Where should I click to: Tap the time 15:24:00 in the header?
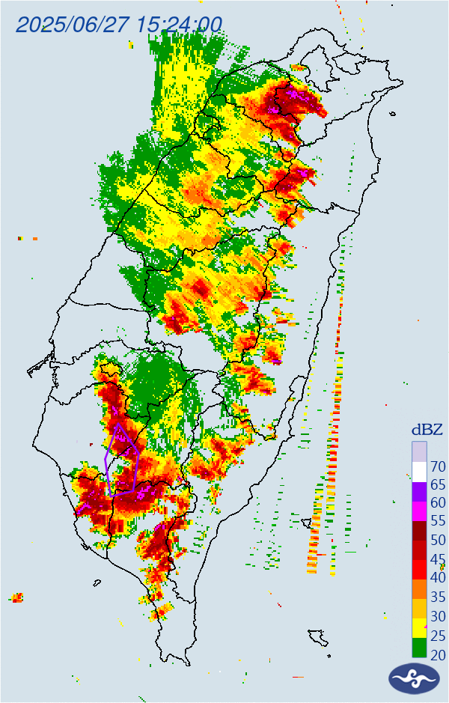[180, 24]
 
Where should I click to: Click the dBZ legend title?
[427, 430]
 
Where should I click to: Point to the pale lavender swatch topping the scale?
[419, 452]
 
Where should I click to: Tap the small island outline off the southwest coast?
[97, 582]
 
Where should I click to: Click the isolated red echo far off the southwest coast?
[16, 597]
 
